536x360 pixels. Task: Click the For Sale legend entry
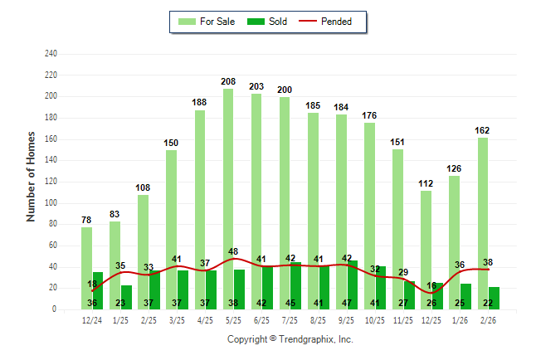click(208, 22)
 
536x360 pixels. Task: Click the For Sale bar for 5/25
click(228, 199)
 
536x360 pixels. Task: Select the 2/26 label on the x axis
click(488, 320)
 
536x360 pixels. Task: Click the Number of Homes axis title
click(32, 176)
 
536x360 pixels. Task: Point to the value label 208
click(228, 81)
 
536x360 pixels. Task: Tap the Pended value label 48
click(233, 251)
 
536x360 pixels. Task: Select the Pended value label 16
click(431, 285)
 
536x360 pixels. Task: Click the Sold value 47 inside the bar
click(347, 303)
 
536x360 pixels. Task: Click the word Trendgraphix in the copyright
click(308, 339)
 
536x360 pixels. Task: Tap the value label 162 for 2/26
click(482, 130)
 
